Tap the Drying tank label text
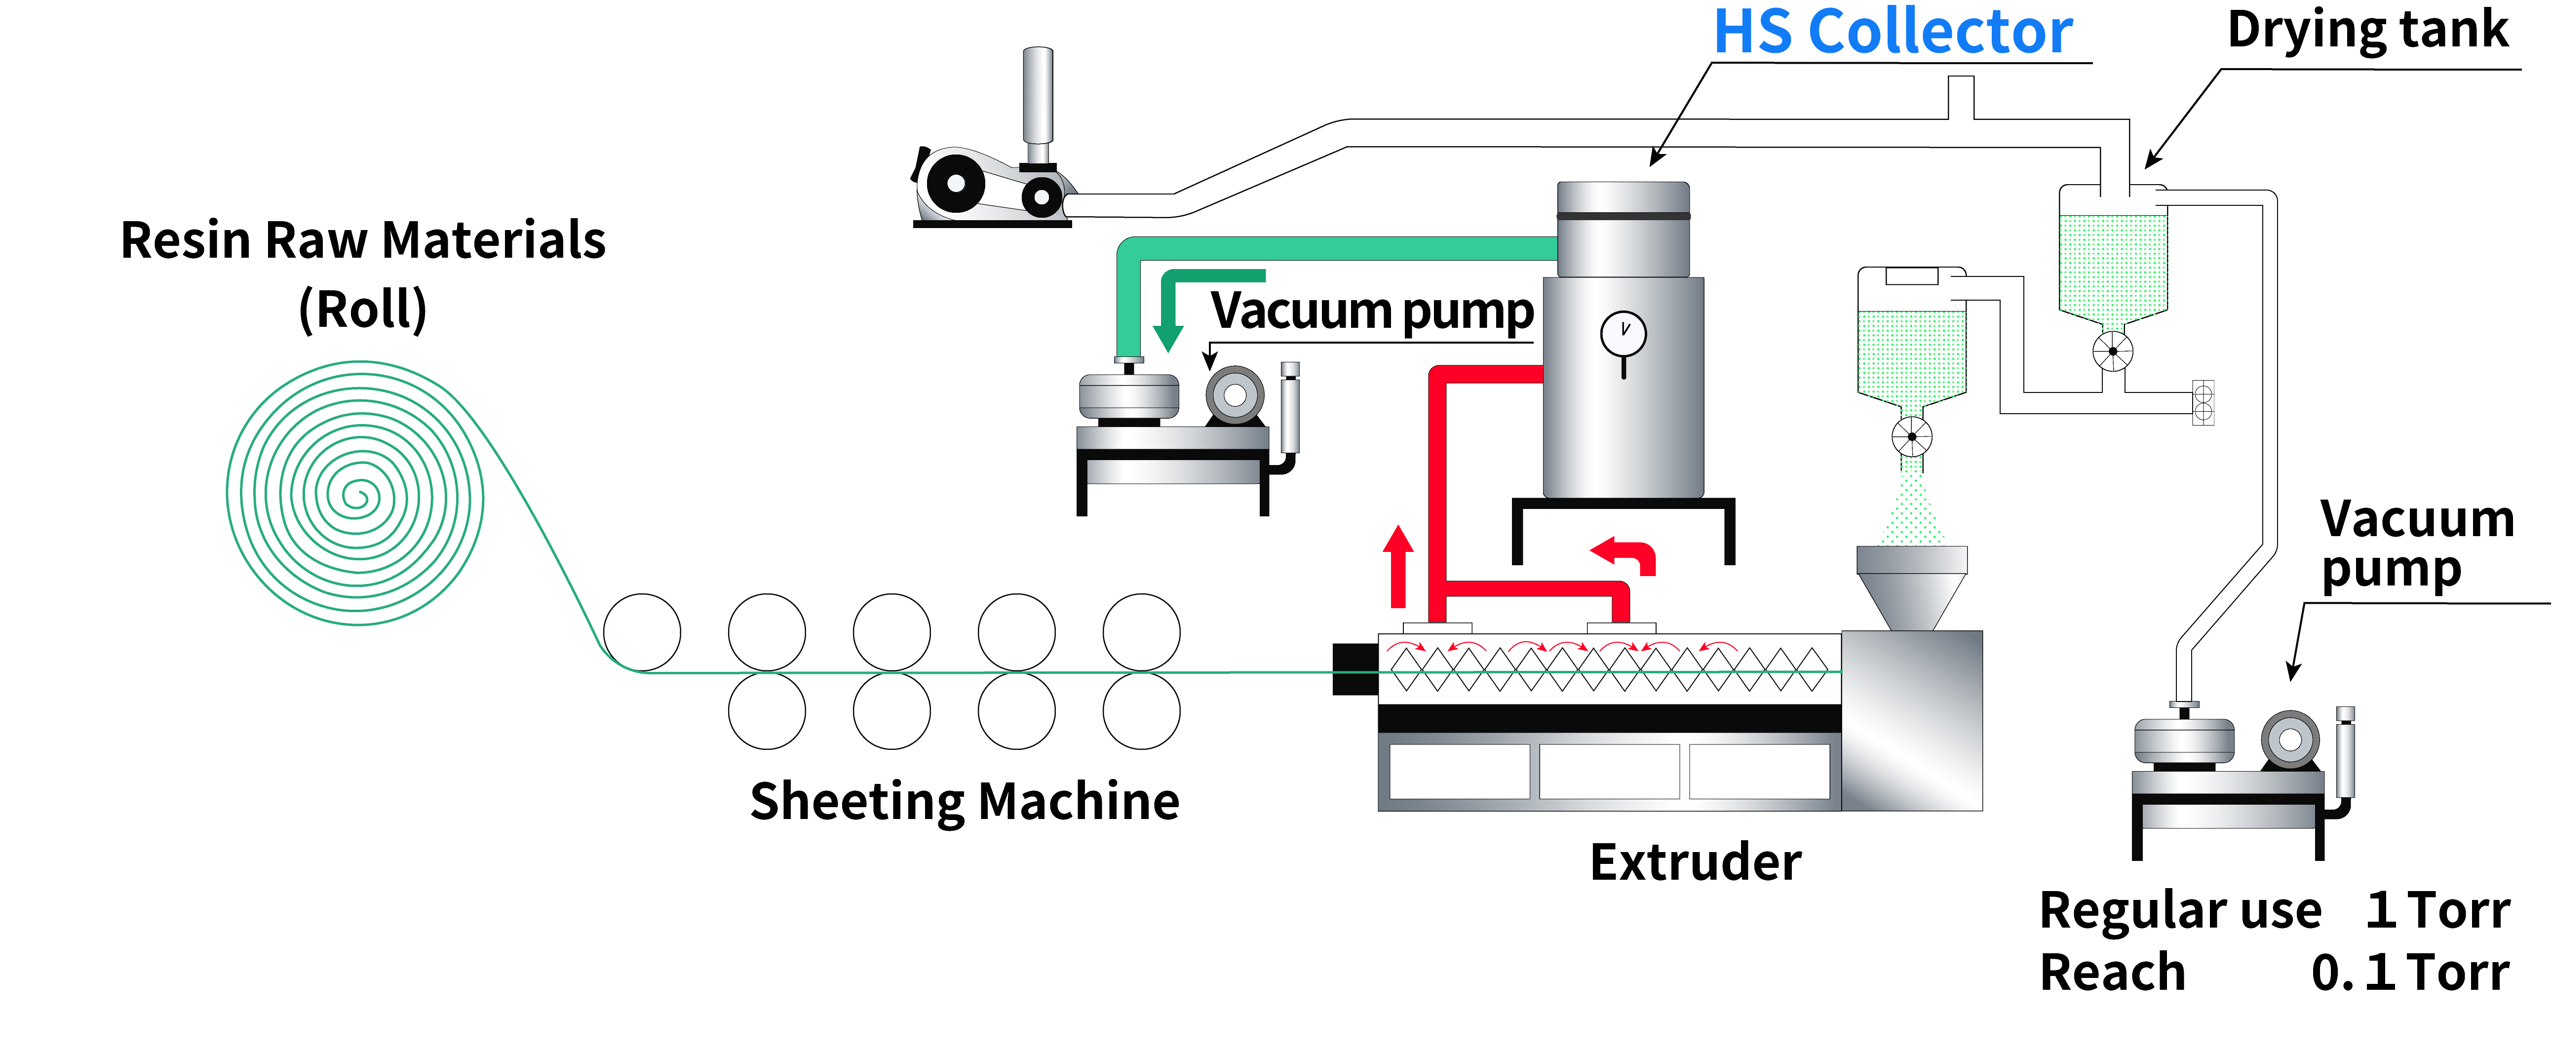2368,30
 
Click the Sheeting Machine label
964,800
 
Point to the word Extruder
1695,862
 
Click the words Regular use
2179,909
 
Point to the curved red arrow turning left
1624,555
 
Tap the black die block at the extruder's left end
1354,669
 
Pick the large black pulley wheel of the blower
955,183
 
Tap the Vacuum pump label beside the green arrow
1372,311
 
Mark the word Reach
2112,972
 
